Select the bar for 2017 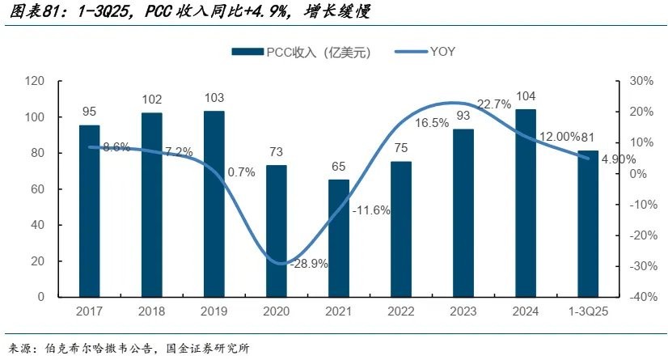coord(89,211)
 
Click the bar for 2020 coord(277,231)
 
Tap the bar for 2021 coord(339,238)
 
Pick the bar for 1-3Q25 coord(588,224)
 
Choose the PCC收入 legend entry coord(301,52)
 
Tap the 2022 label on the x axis coord(401,312)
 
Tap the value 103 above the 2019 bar coord(214,98)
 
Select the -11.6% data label coord(371,210)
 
